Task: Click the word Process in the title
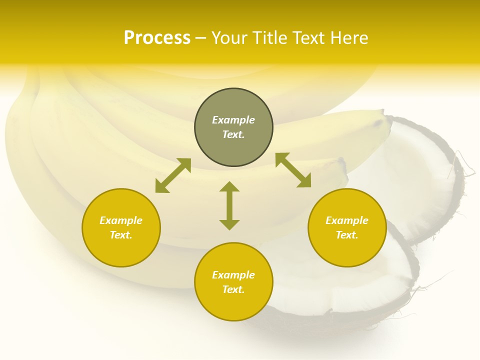[157, 38]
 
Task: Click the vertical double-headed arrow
[229, 205]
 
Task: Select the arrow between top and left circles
[173, 175]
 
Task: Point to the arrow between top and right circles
[293, 170]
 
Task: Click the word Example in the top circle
[233, 120]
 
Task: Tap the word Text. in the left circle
[121, 235]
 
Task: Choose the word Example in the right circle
[347, 220]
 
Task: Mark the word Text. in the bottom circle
[233, 289]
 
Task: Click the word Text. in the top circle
[233, 134]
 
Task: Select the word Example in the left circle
[121, 220]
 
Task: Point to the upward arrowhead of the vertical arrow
[229, 186]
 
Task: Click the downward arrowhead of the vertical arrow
[229, 224]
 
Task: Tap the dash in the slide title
[201, 38]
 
